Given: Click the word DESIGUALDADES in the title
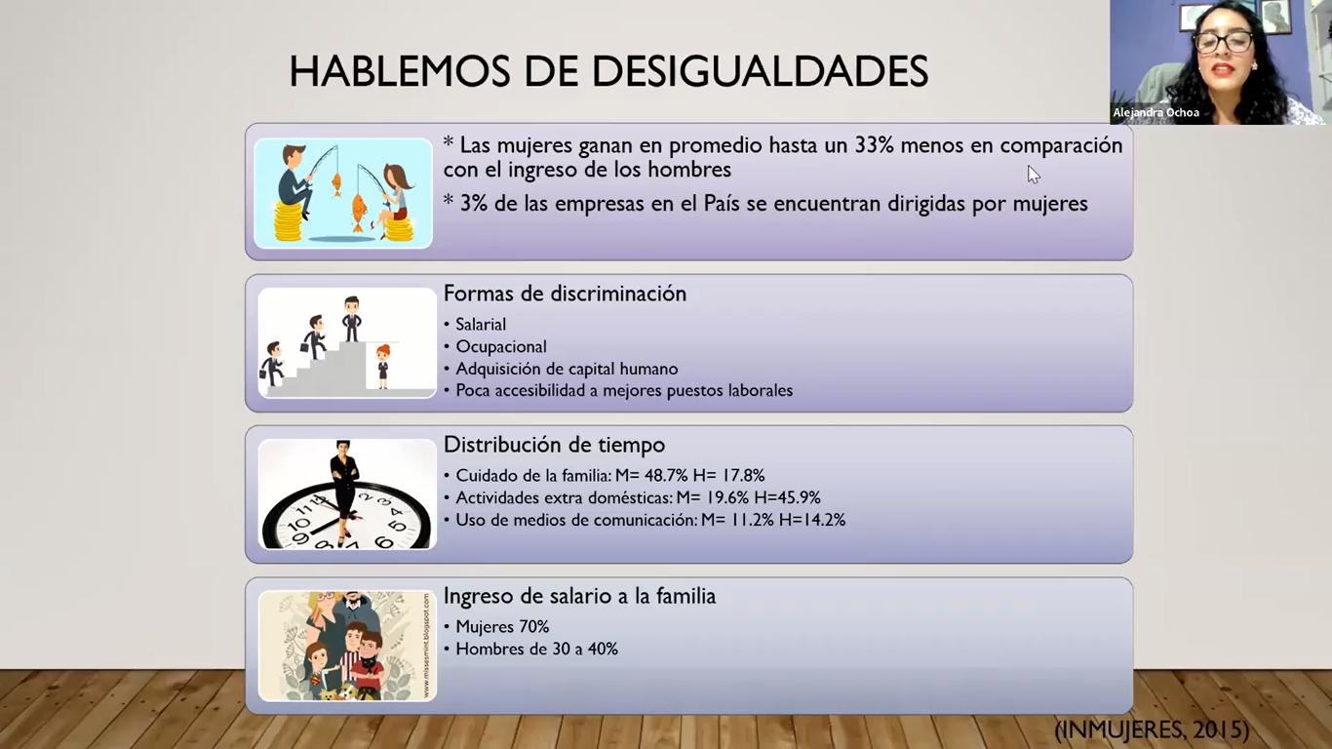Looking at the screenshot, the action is [760, 71].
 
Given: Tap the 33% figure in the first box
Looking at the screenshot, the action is [874, 145].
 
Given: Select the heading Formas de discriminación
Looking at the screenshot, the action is [565, 294].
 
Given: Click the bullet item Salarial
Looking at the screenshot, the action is [481, 324].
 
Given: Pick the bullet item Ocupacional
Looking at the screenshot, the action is [501, 347].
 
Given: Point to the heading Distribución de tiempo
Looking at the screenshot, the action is [554, 445].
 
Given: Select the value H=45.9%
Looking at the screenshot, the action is [787, 497].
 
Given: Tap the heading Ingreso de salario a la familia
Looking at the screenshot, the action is [580, 596].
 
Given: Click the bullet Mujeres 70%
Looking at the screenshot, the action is [502, 626].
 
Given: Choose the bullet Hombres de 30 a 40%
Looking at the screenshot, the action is [537, 650].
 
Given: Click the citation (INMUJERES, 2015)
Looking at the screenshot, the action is [1152, 729].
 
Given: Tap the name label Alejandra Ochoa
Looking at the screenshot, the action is [1156, 112].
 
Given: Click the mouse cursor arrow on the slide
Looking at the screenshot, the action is [1034, 175].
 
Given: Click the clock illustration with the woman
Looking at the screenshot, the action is [347, 493].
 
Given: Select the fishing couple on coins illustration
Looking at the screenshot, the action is [343, 193].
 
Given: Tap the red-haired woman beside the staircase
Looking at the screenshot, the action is [383, 367].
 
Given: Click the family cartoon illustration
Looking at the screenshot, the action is [347, 646].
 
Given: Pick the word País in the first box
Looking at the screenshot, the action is [722, 204].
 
